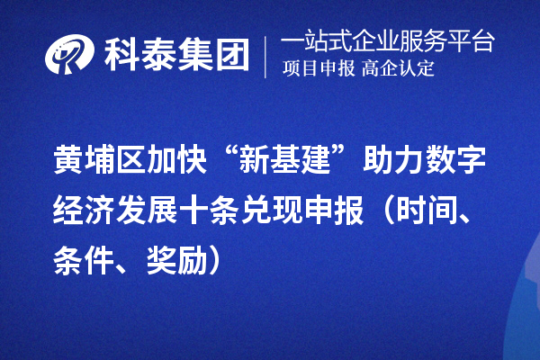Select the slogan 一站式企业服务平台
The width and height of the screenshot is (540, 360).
point(387,41)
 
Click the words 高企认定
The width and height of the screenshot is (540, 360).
point(399,69)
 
